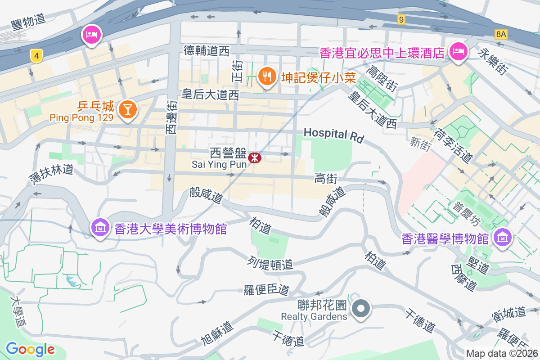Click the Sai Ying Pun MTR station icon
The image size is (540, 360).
254,157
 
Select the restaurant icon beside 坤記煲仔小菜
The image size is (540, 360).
267,76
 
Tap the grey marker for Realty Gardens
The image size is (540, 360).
361,309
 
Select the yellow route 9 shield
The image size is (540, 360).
401,19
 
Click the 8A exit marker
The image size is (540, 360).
501,34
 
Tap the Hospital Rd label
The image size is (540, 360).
333,135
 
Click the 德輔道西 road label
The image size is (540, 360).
207,50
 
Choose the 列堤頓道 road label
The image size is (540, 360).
270,263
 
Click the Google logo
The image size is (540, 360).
30,349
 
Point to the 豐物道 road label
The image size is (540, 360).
28,21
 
